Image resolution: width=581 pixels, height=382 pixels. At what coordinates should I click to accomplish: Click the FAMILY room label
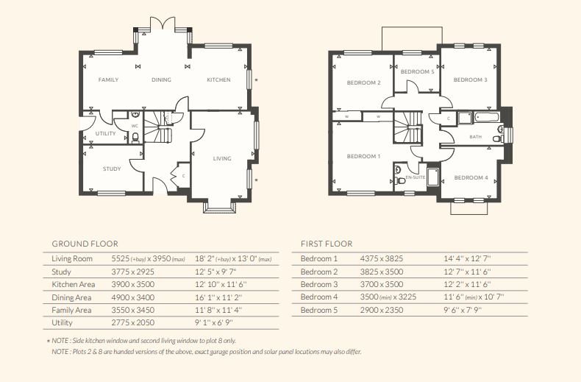(x=108, y=79)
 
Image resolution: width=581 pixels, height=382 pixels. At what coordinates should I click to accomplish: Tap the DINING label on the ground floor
(x=161, y=79)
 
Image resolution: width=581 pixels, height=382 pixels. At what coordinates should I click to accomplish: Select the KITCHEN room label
(x=218, y=79)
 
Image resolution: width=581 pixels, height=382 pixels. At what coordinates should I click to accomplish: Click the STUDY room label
(x=112, y=169)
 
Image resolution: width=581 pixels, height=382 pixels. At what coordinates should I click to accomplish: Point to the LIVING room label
(x=222, y=158)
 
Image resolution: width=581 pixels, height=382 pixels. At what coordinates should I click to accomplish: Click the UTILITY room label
(x=106, y=133)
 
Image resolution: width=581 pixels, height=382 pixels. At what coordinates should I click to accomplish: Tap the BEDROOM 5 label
(x=417, y=71)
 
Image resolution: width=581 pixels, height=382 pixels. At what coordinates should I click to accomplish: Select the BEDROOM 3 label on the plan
(x=470, y=79)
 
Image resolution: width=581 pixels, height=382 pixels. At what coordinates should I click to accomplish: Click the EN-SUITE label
(x=416, y=177)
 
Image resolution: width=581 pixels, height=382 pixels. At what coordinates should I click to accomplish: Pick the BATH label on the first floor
(x=476, y=137)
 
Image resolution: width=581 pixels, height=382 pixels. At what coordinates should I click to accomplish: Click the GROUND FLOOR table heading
(x=85, y=244)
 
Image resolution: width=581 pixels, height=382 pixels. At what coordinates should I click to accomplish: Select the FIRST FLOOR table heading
(x=327, y=244)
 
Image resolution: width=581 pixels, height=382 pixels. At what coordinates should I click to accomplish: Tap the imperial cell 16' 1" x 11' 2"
(x=219, y=297)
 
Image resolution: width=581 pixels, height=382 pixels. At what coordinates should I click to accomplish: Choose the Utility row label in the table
(x=63, y=323)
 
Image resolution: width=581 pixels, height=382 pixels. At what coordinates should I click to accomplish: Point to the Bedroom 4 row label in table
(x=319, y=297)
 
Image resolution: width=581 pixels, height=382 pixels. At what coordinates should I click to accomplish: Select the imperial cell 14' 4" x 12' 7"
(x=466, y=259)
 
